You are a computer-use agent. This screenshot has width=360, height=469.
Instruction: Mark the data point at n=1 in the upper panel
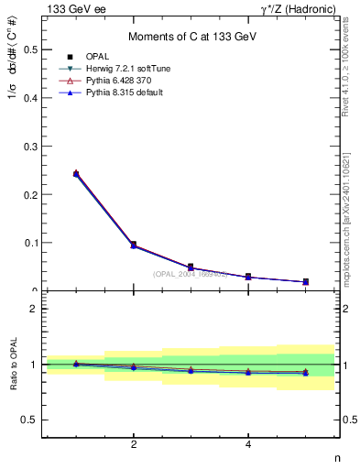tap(76, 173)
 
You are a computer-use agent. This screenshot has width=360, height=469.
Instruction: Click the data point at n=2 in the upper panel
tap(134, 245)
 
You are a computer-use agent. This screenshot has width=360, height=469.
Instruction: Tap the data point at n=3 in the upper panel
tap(191, 267)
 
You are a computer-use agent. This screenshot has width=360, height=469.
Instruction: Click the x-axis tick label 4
tap(248, 445)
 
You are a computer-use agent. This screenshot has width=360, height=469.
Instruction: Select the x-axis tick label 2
tap(134, 445)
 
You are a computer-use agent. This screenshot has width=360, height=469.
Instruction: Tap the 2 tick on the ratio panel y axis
tap(34, 309)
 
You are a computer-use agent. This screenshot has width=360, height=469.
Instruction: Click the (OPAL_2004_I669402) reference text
tap(190, 274)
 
